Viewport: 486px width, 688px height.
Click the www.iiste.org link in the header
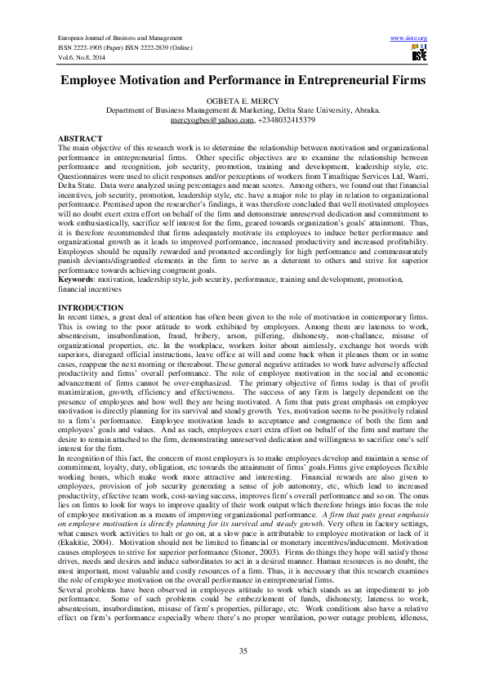point(410,38)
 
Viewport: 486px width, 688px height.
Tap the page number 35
point(243,650)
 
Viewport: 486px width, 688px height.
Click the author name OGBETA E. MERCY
point(243,101)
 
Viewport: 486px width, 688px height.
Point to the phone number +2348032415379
point(287,119)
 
